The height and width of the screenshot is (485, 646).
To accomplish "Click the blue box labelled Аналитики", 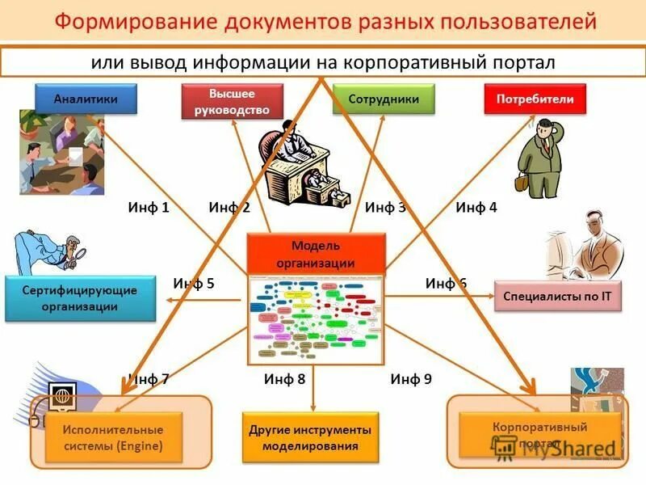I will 86,99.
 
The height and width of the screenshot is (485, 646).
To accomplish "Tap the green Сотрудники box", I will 383,99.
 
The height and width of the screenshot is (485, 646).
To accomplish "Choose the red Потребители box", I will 535,99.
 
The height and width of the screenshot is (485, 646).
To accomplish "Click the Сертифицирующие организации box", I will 80,298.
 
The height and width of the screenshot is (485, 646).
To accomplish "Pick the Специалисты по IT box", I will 557,297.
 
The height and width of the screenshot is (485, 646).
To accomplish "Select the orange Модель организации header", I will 316,254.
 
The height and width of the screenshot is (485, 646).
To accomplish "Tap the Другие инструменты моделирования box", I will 311,437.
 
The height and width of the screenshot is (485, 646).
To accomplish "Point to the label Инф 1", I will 149,208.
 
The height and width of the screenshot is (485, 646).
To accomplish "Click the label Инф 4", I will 476,208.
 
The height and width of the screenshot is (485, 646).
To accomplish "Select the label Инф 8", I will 284,378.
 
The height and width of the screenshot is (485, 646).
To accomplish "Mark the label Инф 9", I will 411,378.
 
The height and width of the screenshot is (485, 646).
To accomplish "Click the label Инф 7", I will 149,378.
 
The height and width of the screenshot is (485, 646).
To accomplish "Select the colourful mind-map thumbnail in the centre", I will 316,320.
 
